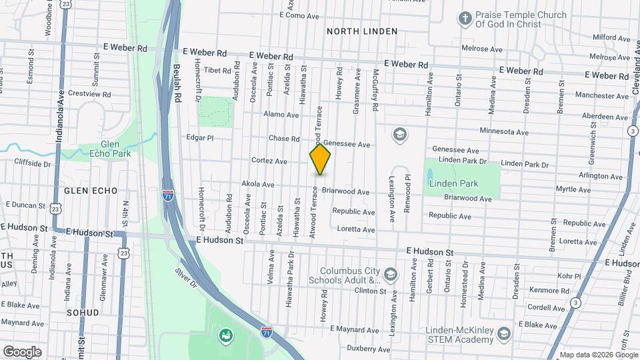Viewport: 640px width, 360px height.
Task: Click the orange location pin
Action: [320, 160]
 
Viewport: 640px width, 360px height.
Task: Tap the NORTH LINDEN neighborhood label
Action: [362, 31]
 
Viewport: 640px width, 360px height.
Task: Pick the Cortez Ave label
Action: [269, 161]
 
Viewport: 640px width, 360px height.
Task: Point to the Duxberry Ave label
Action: [369, 349]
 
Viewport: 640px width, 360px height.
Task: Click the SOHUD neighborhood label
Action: [83, 312]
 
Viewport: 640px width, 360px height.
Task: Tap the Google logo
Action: [22, 351]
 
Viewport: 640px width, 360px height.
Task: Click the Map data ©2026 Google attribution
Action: [598, 355]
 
